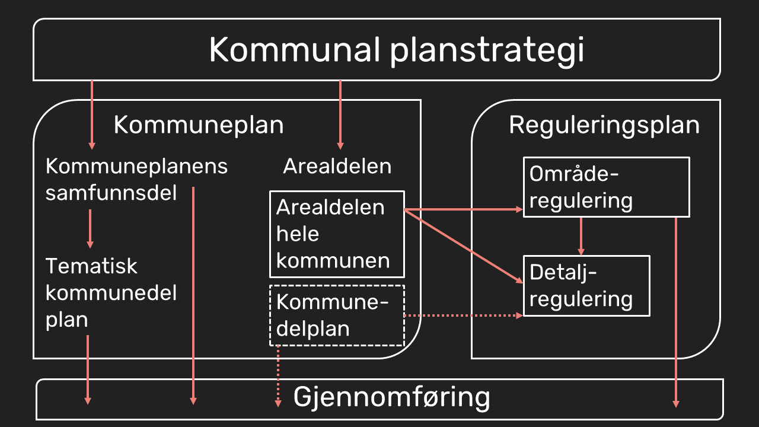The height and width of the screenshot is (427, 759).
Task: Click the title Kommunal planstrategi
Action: [396, 50]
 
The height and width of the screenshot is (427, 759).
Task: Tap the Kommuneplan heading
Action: [198, 125]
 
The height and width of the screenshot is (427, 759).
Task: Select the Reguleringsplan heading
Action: [604, 125]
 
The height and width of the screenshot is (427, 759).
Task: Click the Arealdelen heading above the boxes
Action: [337, 166]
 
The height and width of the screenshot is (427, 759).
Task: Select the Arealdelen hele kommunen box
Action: [337, 234]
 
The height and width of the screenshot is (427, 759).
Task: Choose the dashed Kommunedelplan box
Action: [337, 316]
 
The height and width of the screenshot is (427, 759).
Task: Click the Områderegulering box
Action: [606, 187]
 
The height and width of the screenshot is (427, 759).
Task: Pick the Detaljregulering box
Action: [586, 285]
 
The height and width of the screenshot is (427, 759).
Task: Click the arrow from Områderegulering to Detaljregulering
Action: [581, 236]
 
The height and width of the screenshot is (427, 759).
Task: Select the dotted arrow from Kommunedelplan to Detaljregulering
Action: [463, 316]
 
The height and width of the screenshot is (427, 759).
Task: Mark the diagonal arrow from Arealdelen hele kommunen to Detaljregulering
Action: [463, 244]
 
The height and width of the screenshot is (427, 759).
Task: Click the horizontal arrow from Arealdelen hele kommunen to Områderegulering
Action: [463, 209]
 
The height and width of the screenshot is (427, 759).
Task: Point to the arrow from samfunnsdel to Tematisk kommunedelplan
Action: [90, 228]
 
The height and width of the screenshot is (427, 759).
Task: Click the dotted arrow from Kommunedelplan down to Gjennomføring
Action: [278, 376]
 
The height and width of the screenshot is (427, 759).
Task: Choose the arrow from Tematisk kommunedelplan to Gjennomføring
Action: [88, 369]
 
